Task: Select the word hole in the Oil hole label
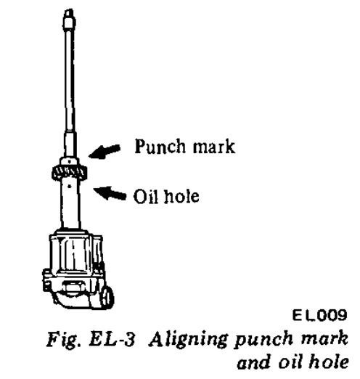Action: [181, 196]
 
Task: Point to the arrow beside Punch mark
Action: [105, 151]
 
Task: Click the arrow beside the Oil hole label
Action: [110, 193]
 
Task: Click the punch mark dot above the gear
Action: [70, 161]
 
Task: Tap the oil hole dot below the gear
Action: [70, 186]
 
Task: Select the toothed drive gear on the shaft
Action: [70, 173]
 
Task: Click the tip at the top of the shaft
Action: [69, 10]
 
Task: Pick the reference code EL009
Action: [319, 315]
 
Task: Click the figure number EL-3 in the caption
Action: [112, 339]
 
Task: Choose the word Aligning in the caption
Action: [189, 340]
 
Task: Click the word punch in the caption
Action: [264, 341]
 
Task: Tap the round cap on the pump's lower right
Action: [107, 296]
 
